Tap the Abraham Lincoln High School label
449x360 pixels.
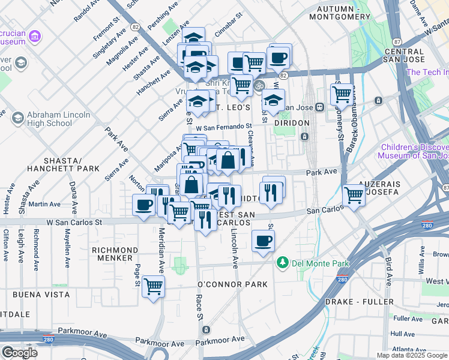[x=50, y=119]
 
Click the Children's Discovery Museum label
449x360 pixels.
[x=413, y=151]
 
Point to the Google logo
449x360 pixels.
[x=19, y=352]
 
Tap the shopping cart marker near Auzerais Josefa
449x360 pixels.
[x=354, y=194]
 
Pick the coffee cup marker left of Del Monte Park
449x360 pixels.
[x=263, y=241]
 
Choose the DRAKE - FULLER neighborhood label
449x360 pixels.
[x=359, y=301]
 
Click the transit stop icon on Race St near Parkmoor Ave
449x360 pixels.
[x=206, y=330]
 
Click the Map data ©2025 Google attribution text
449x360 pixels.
[x=412, y=355]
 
